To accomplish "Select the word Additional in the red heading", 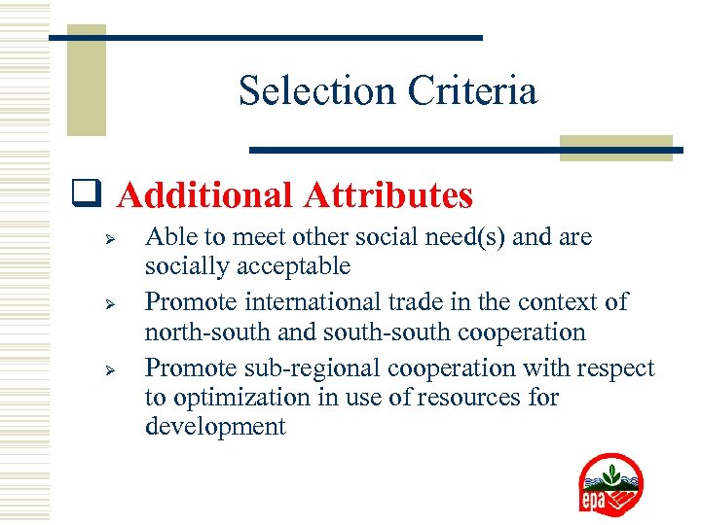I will pos(205,195).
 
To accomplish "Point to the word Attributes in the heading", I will pos(388,195).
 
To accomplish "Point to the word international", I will pos(308,301).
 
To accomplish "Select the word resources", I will pos(466,398).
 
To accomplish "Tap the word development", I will pos(215,427).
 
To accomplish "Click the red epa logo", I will pos(610,484).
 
